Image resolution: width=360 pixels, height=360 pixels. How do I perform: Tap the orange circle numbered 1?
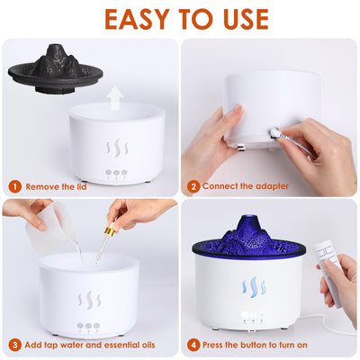click(14, 187)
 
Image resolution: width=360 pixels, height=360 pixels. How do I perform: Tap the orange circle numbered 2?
click(193, 187)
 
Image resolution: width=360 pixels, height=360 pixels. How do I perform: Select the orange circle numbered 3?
click(14, 345)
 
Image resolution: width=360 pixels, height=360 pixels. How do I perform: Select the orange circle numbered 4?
click(193, 345)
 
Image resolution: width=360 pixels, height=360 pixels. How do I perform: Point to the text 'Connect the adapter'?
click(245, 187)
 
